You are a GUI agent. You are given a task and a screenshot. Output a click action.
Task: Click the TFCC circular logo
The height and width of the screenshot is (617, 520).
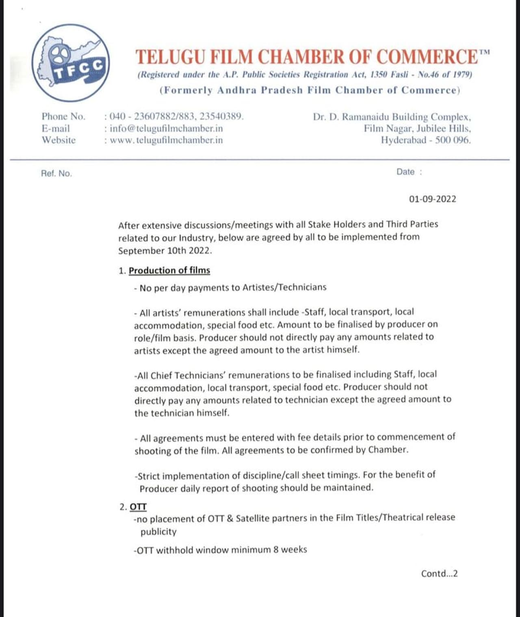70,63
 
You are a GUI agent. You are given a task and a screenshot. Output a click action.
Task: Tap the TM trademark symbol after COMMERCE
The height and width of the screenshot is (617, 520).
484,52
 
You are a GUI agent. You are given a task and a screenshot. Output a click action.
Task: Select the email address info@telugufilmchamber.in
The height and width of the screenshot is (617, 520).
166,129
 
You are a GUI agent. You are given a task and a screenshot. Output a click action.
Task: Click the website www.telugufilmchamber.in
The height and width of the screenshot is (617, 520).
166,140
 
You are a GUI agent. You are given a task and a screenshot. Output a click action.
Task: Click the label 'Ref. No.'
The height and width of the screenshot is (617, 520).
56,174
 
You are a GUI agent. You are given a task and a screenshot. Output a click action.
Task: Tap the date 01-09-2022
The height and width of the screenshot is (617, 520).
432,199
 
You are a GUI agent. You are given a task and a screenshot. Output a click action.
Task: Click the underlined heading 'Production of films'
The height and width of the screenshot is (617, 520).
169,270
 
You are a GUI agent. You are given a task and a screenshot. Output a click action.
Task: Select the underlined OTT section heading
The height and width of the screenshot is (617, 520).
138,507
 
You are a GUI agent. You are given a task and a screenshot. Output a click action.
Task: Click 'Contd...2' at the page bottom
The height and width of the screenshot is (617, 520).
439,573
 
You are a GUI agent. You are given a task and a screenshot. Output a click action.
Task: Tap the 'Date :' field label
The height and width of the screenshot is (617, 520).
409,172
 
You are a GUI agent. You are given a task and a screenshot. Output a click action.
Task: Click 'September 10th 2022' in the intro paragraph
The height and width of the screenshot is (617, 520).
165,251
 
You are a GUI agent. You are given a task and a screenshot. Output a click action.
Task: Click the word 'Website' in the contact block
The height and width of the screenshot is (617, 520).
58,140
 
